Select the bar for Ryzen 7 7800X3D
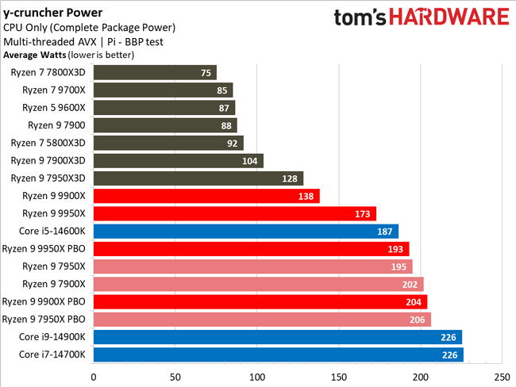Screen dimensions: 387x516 point(155,72)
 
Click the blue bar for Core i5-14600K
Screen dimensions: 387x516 point(245,231)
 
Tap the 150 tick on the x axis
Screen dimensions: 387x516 point(338,377)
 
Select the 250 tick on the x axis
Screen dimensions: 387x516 point(502,377)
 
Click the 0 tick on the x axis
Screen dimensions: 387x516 point(94,377)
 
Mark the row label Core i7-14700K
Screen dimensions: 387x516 point(52,354)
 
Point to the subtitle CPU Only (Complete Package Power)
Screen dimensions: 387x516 point(89,28)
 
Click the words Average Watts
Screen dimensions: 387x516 point(33,55)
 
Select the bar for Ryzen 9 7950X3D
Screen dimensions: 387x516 point(198,178)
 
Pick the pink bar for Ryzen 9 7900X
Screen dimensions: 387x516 point(258,284)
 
